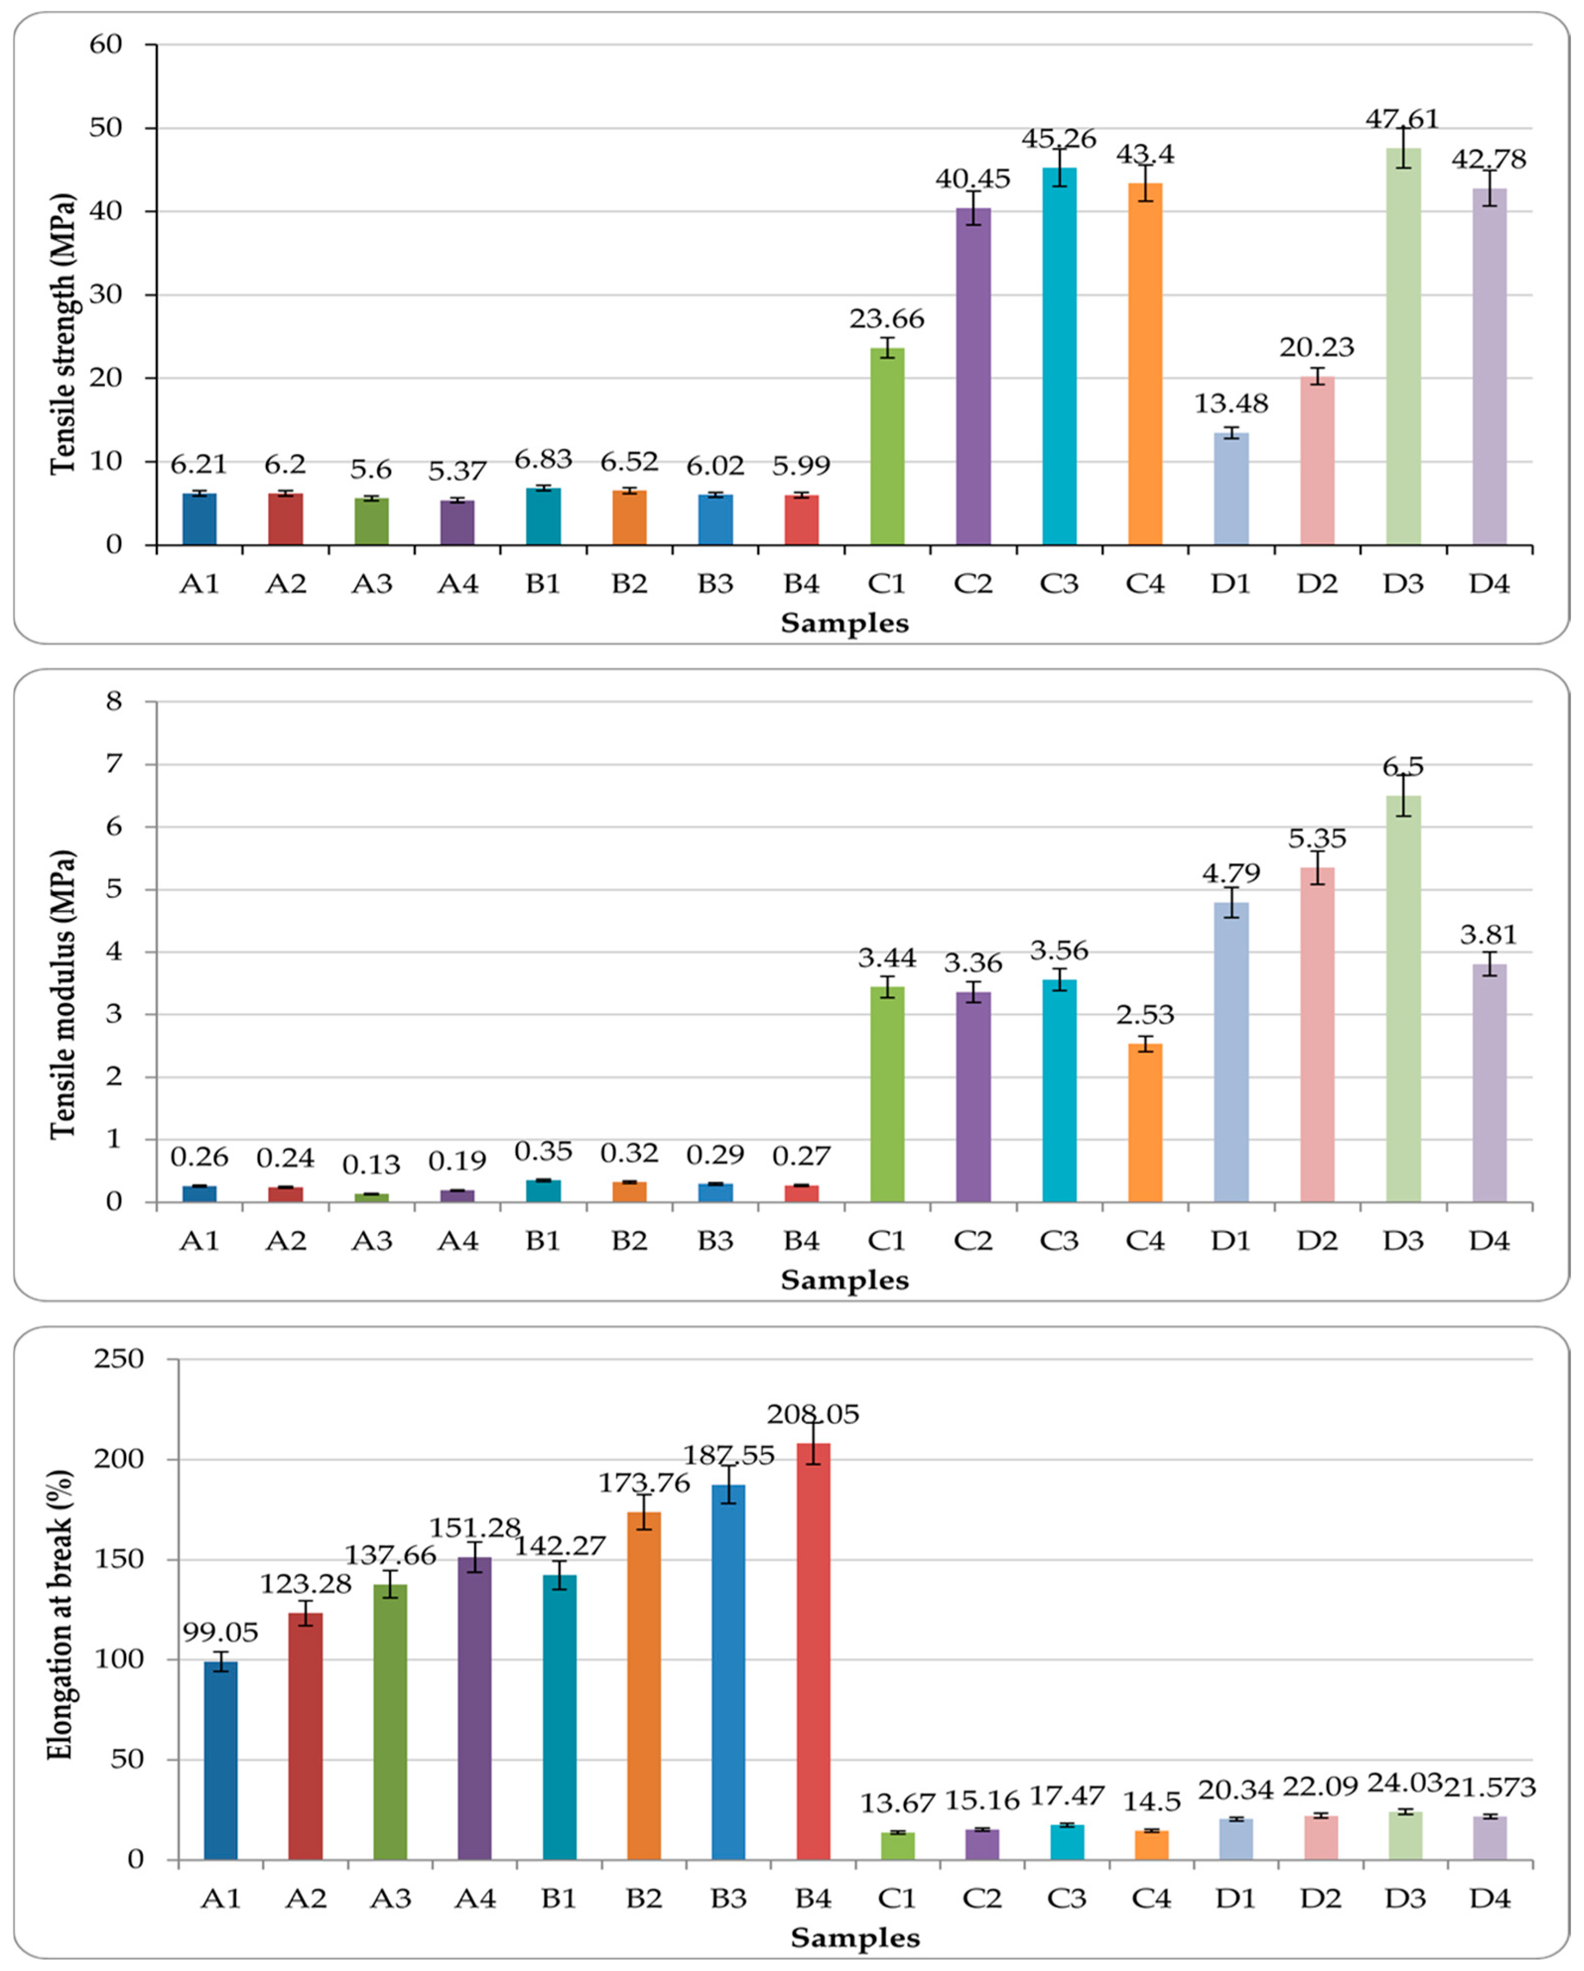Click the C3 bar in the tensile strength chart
pyautogui.click(x=1059, y=357)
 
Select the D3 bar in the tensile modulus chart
pyautogui.click(x=1403, y=998)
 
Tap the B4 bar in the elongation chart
pyautogui.click(x=813, y=1651)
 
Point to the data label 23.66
pyautogui.click(x=886, y=319)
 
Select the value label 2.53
pyautogui.click(x=1145, y=1015)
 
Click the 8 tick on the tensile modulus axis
pyautogui.click(x=114, y=701)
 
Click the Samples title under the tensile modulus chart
pyautogui.click(x=845, y=1280)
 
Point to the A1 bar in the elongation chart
pyautogui.click(x=220, y=1760)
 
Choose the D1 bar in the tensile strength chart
pyautogui.click(x=1231, y=489)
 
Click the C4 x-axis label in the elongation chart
pyautogui.click(x=1151, y=1899)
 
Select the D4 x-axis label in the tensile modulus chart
pyautogui.click(x=1489, y=1241)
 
